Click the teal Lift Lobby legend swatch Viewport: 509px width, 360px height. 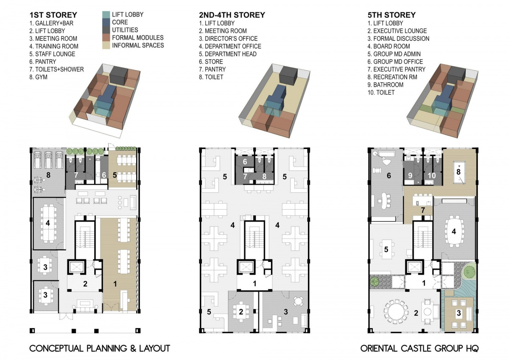106,15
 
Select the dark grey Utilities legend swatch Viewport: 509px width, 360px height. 106,30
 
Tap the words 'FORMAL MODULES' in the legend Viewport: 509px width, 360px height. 138,38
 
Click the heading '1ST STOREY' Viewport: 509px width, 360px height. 53,15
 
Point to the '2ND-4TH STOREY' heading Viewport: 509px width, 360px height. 232,15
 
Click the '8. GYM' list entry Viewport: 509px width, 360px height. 39,77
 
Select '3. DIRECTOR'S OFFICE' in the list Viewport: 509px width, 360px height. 228,39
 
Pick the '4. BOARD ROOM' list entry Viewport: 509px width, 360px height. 389,46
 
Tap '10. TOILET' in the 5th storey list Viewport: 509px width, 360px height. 381,93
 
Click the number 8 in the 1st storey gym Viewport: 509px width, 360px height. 48,175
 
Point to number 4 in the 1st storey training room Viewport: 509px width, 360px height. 48,223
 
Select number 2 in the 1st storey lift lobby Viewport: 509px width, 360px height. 85,284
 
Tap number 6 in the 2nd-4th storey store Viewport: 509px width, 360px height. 245,162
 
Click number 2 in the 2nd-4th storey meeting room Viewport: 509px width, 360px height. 241,312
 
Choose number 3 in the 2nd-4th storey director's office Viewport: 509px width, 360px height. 286,312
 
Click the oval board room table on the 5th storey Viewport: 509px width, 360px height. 453,231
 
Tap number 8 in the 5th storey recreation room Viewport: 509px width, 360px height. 459,172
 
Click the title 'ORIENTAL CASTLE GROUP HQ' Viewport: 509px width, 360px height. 420,349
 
